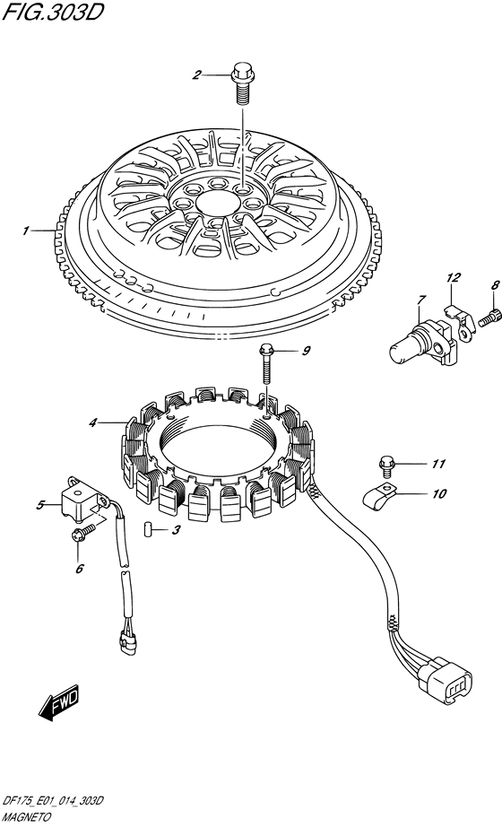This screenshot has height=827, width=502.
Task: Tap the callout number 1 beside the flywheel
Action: point(24,231)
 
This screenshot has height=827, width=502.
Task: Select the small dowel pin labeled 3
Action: point(148,528)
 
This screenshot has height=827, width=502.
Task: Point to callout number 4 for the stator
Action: point(93,422)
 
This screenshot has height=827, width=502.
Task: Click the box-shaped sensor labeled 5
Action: point(83,499)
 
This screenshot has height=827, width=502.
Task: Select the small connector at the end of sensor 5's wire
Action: point(126,640)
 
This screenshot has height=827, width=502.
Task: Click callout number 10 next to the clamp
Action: point(438,493)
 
